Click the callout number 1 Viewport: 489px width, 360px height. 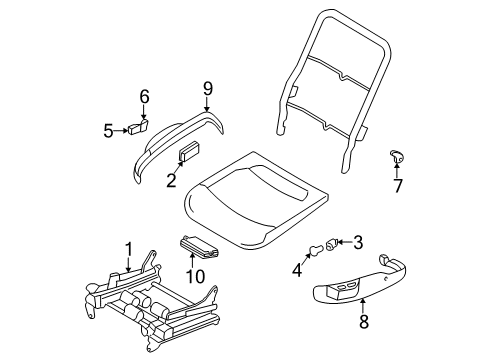(128, 250)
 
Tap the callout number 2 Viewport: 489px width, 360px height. (170, 180)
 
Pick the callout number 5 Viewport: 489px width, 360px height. (108, 128)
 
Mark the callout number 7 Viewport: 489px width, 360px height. (398, 185)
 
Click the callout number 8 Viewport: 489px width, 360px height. (362, 321)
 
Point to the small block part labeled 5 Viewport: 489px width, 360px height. (134, 128)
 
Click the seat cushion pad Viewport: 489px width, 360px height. (260, 200)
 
